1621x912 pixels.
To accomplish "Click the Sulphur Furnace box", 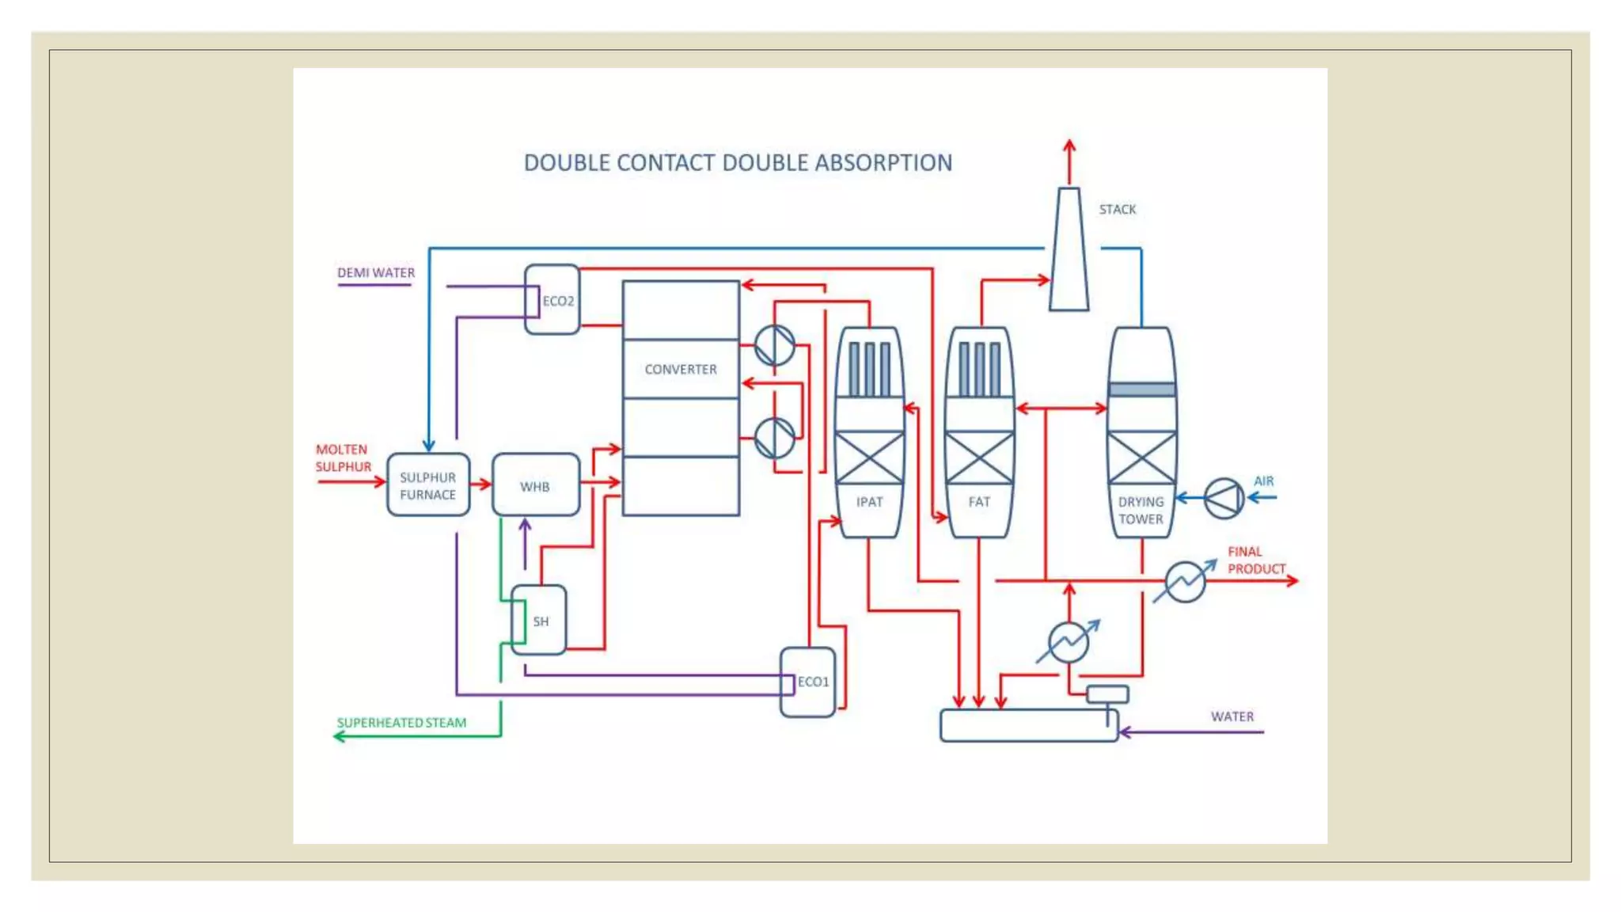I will point(427,485).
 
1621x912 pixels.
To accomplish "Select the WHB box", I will point(535,485).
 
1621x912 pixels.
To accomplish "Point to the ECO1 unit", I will point(808,682).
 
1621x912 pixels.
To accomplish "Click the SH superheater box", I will point(539,621).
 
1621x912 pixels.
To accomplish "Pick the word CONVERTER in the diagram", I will point(681,369).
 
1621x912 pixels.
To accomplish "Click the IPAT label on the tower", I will point(869,502).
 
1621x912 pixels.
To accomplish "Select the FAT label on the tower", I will point(979,502).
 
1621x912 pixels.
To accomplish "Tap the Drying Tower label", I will point(1141,511).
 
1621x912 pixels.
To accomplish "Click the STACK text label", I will point(1117,209).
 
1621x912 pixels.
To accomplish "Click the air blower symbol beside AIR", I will point(1224,498).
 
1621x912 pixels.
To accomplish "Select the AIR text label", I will point(1263,481).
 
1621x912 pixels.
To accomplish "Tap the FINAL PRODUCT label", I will point(1256,560).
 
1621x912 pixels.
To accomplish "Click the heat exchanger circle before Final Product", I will point(1185,581).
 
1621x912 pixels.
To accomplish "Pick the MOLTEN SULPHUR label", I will point(343,458).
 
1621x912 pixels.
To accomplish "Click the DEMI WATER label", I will point(376,272).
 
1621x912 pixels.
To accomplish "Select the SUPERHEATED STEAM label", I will point(401,722).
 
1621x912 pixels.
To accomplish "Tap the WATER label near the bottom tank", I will point(1232,716).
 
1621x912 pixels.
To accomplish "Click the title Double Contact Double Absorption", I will point(738,162).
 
